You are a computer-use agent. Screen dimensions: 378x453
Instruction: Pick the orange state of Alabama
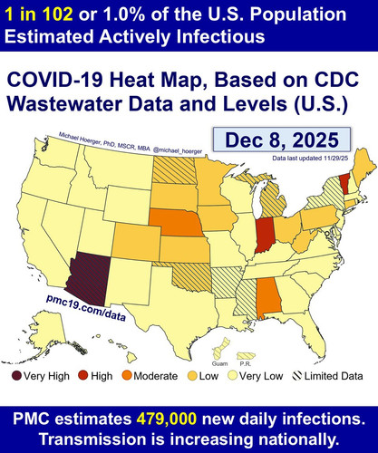[268, 297]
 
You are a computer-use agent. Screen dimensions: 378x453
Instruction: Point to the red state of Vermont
[344, 185]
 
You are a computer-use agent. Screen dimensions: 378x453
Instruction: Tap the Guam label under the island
[219, 363]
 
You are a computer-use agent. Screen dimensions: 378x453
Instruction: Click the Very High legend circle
[16, 376]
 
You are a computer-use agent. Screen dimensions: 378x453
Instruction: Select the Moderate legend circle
[127, 376]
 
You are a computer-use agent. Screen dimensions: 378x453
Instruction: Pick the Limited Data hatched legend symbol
[297, 376]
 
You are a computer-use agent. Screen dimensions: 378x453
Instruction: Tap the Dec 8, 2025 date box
[282, 140]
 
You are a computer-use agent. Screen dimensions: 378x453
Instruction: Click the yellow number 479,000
[167, 419]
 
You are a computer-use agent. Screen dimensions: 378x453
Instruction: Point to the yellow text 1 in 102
[39, 14]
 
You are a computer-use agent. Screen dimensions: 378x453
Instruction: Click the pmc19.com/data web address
[86, 307]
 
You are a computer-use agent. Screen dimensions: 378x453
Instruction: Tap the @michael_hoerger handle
[178, 150]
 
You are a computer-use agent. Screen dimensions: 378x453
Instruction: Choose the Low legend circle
[192, 376]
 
